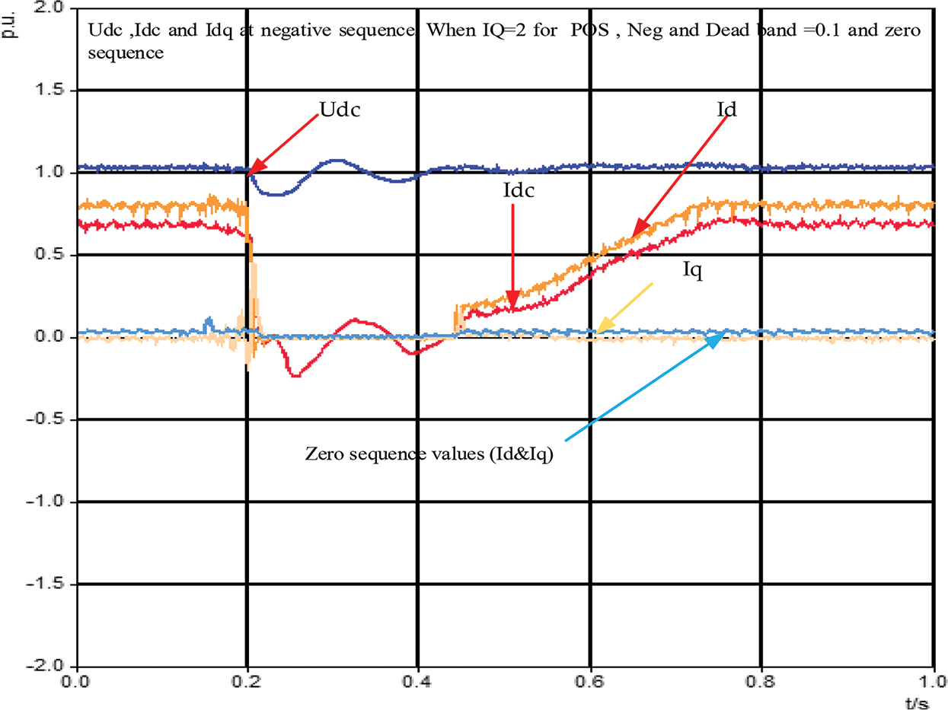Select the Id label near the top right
(727, 110)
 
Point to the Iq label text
(691, 270)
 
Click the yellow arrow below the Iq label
(626, 307)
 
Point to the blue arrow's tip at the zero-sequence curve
(723, 335)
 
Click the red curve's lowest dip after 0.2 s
(295, 376)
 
